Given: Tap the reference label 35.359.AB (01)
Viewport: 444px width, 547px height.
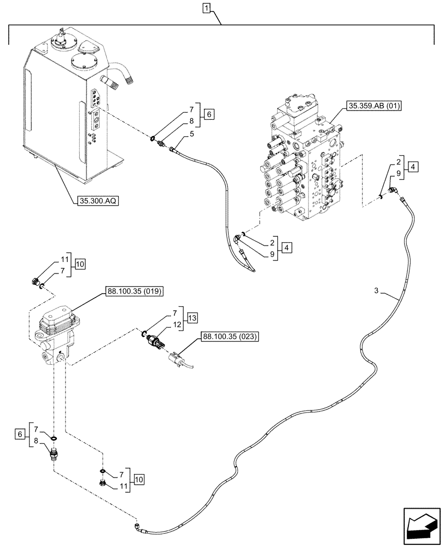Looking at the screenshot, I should click(373, 106).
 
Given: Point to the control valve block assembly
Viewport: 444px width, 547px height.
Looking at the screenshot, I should click(301, 164).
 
